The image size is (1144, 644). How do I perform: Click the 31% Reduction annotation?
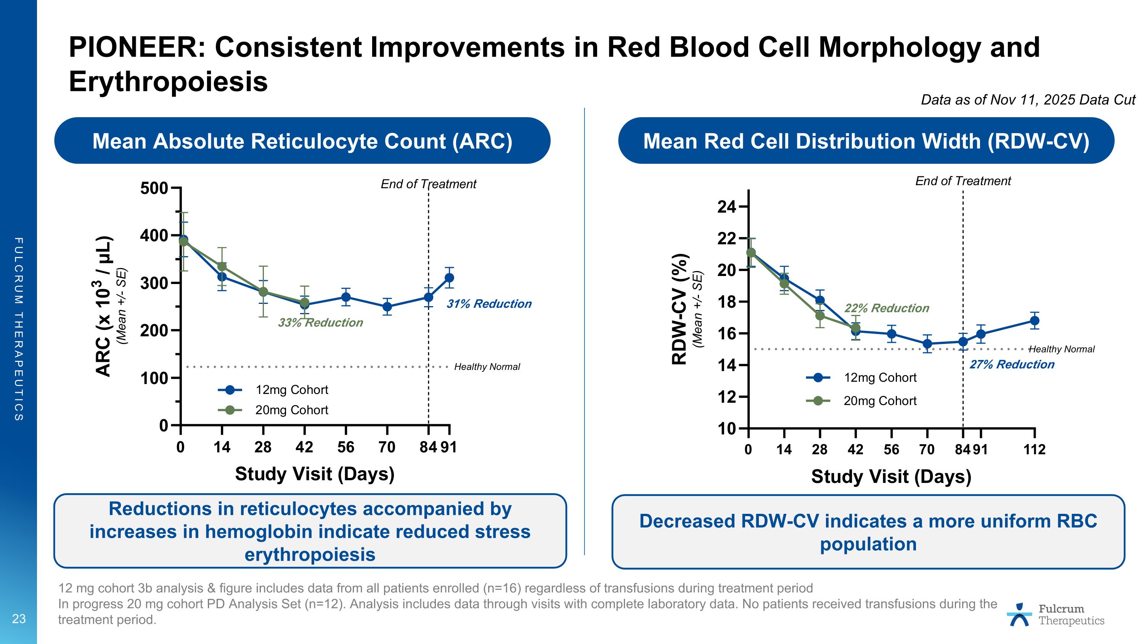coord(489,304)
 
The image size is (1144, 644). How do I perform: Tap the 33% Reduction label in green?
coord(320,323)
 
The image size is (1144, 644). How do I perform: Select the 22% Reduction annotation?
coord(887,308)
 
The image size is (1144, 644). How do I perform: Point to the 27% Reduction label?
coord(1012,365)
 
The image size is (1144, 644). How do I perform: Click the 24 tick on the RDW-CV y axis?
coord(726,207)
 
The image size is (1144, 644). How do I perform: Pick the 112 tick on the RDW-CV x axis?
coord(1034,450)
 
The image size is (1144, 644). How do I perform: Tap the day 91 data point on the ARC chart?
coord(450,278)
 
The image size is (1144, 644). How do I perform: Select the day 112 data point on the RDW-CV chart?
coord(1034,320)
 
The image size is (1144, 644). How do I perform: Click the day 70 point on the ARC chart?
coord(387,307)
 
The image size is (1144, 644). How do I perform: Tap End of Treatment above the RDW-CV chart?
coord(963,181)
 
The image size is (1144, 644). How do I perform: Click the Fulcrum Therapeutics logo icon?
coord(1019,615)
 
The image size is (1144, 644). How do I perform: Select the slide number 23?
coord(19,619)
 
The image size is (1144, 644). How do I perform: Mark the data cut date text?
coord(1028,100)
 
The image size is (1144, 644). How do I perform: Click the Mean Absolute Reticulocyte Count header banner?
coord(302,141)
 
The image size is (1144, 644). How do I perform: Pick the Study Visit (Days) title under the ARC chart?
coord(315,474)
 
